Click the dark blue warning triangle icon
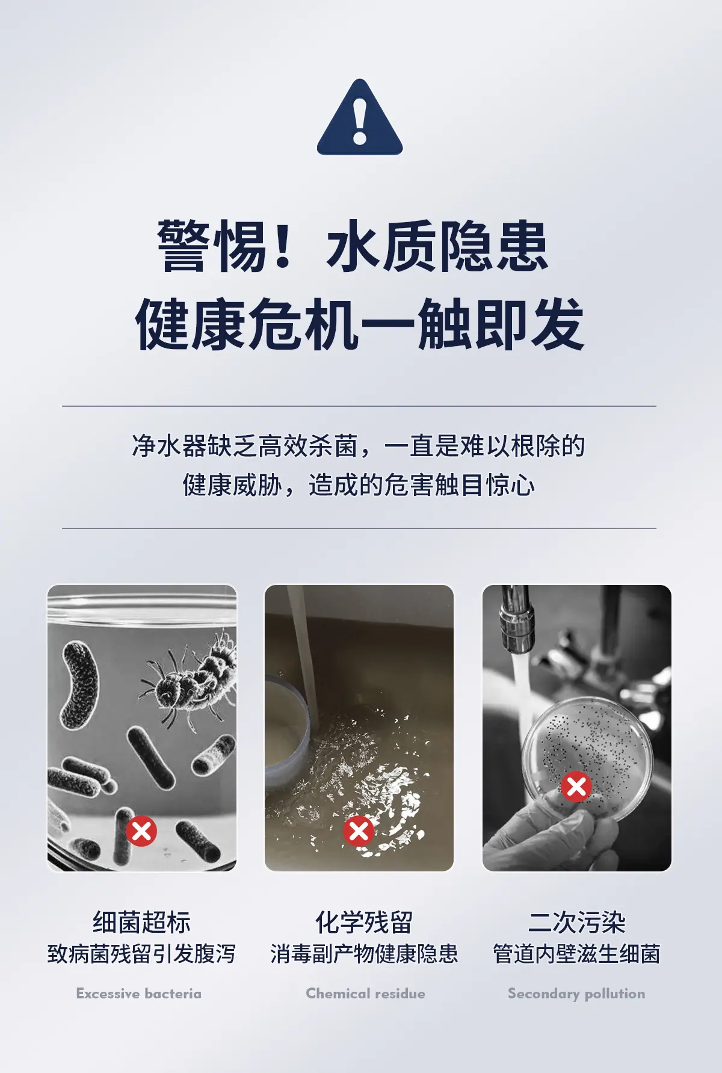point(360,118)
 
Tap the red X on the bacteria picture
point(141,831)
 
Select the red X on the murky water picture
point(359,831)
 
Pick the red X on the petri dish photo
point(576,786)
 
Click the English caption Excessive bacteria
point(139,994)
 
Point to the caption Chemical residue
point(365,994)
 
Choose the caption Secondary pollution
point(576,994)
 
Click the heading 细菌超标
point(142,922)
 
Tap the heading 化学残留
point(365,922)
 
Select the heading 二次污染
point(577,922)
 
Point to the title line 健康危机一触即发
point(360,324)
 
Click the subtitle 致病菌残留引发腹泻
point(142,954)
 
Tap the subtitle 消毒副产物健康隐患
point(365,954)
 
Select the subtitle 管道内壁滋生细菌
point(577,954)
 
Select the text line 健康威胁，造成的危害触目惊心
point(359,485)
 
